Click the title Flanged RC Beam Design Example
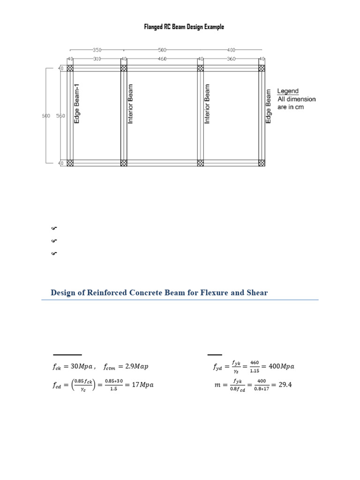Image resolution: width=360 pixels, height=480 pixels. point(184,27)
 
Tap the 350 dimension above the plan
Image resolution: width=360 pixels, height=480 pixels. point(97,49)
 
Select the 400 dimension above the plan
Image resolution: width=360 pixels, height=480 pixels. point(231,49)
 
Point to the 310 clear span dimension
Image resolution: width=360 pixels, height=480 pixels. point(97,59)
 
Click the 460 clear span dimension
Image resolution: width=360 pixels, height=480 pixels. point(162,59)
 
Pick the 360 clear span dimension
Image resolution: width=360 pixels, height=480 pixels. point(231,59)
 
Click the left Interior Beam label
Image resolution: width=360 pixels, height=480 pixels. point(131,104)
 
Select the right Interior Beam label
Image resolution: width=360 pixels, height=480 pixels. point(208,104)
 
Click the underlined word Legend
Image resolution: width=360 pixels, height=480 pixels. point(288,91)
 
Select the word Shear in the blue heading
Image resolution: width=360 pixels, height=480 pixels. point(255,293)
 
